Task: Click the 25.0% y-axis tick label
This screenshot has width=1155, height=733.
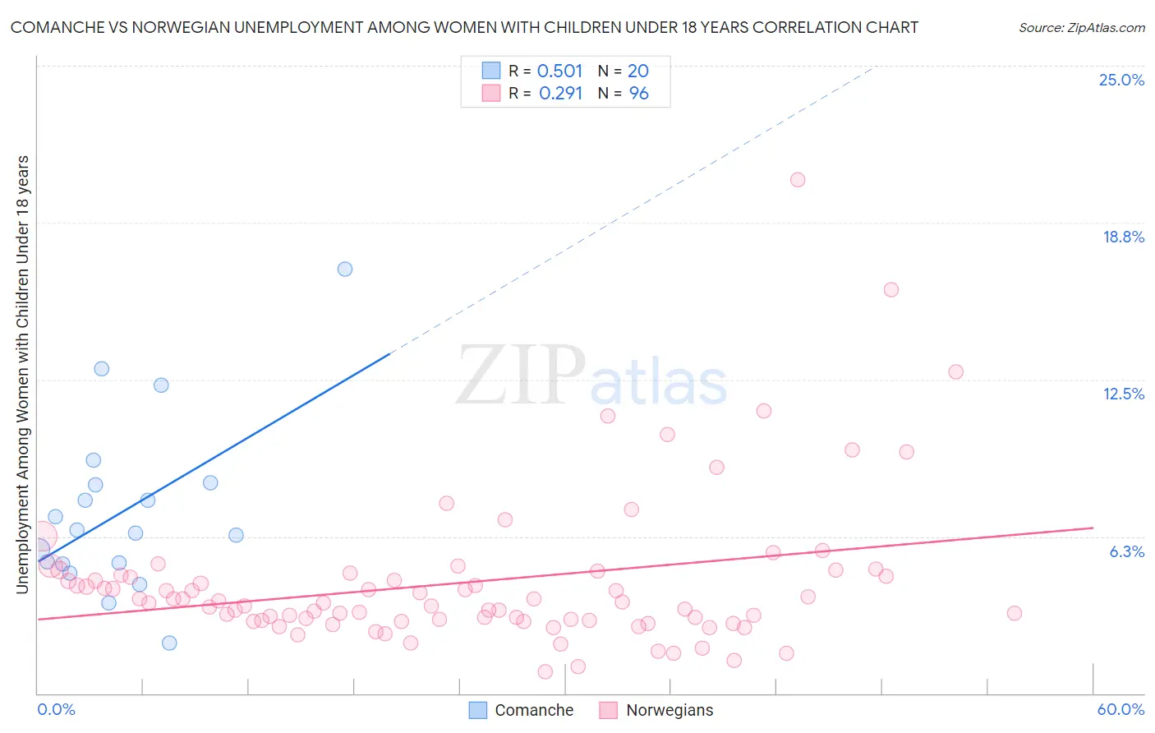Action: click(x=1121, y=80)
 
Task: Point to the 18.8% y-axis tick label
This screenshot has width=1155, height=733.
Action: click(x=1123, y=237)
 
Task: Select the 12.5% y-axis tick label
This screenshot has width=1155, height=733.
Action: click(x=1123, y=394)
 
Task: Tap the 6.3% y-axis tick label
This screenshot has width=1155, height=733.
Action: click(x=1126, y=551)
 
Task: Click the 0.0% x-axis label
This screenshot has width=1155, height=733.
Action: click(x=56, y=709)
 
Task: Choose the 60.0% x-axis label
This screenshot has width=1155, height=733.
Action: click(x=1120, y=709)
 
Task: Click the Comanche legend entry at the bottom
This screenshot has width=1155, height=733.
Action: click(x=521, y=710)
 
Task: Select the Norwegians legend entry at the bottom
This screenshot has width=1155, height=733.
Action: click(x=656, y=710)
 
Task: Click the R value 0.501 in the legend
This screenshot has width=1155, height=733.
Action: click(x=559, y=71)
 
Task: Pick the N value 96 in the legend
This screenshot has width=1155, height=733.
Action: click(x=638, y=94)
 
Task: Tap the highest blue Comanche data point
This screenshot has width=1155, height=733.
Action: click(x=345, y=269)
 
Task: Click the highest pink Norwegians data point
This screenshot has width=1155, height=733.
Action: click(x=798, y=180)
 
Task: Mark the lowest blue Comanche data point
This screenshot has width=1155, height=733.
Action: click(x=169, y=643)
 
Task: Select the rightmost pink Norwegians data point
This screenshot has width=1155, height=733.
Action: click(x=1015, y=613)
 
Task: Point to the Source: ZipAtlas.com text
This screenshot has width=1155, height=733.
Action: click(x=1081, y=27)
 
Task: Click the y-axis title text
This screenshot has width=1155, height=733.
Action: click(x=22, y=374)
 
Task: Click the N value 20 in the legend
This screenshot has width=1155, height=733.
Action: click(x=638, y=71)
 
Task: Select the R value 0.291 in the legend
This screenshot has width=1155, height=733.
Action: click(x=560, y=94)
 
